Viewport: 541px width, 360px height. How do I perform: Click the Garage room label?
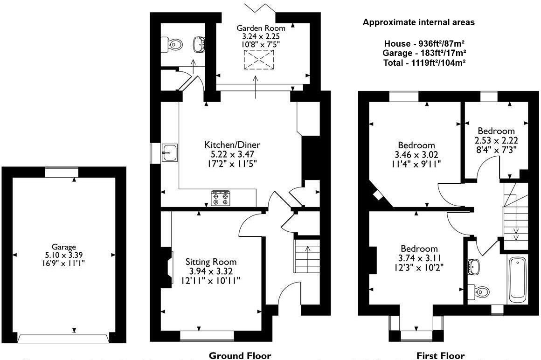(x=64, y=247)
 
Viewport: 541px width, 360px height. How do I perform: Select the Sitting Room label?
(x=211, y=262)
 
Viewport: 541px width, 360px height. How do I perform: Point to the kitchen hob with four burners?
(x=220, y=199)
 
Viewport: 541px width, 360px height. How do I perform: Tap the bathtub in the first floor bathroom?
(x=517, y=278)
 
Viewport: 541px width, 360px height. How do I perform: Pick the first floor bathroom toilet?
(x=480, y=291)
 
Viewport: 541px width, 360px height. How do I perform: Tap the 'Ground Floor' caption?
(x=239, y=356)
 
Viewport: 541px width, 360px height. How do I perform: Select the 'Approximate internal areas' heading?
(x=418, y=22)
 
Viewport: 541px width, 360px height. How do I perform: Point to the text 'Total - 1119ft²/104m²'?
(x=425, y=62)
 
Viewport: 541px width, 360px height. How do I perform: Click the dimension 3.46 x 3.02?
(x=416, y=154)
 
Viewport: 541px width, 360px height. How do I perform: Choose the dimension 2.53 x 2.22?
(x=496, y=140)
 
